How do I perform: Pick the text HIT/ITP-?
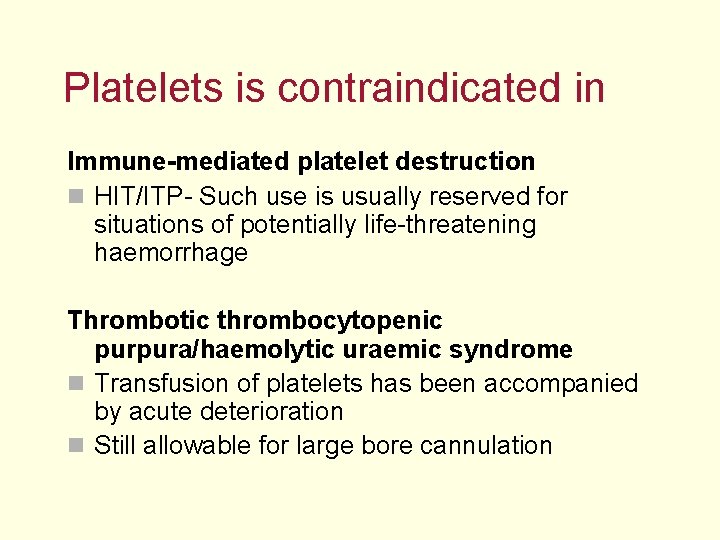pos(143,197)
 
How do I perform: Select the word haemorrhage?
pos(170,253)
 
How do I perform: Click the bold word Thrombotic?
pos(138,321)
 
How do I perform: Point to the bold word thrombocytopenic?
pos(329,321)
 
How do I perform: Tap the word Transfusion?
pos(163,384)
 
